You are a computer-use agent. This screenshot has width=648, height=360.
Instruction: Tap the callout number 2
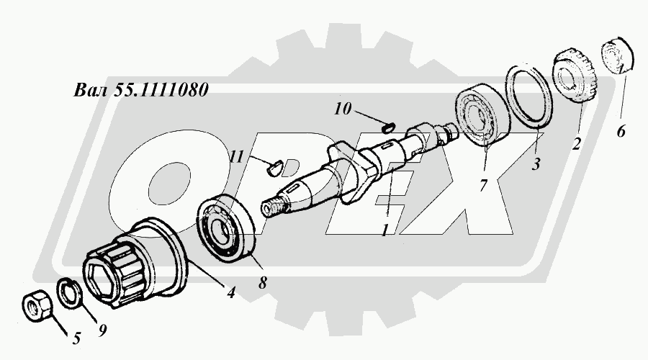(577, 143)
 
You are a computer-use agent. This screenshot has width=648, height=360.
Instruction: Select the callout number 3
(536, 164)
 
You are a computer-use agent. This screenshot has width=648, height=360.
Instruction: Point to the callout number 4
(230, 292)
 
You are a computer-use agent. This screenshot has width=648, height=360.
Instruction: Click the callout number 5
(76, 338)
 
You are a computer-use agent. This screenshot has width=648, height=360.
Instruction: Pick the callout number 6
(621, 132)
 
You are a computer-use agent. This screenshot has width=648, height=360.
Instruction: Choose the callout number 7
(484, 186)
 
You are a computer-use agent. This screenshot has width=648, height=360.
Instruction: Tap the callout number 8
(263, 283)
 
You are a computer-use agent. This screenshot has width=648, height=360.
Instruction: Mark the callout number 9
(102, 330)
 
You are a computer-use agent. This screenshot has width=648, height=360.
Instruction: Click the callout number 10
(343, 109)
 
